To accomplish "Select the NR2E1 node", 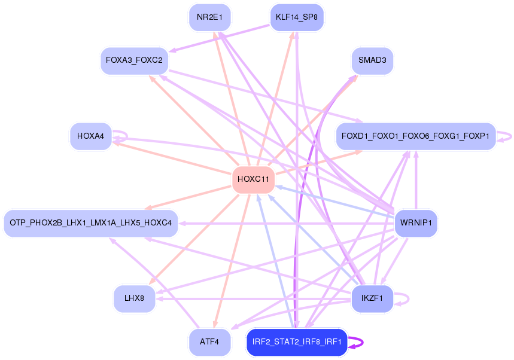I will pyautogui.click(x=209, y=17).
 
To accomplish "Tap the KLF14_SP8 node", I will pyautogui.click(x=297, y=17).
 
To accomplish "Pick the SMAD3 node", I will pyautogui.click(x=372, y=61).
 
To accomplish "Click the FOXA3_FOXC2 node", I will pyautogui.click(x=134, y=61).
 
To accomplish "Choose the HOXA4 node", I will pyautogui.click(x=90, y=136).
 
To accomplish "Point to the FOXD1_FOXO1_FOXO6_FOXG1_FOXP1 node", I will pyautogui.click(x=415, y=136).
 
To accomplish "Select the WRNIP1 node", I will pyautogui.click(x=416, y=224).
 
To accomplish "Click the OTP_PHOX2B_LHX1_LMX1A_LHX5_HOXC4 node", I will pyautogui.click(x=90, y=224).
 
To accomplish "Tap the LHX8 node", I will pyautogui.click(x=134, y=298).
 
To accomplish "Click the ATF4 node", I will pyautogui.click(x=209, y=342).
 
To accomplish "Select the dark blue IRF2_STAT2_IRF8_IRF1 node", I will pyautogui.click(x=297, y=342).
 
